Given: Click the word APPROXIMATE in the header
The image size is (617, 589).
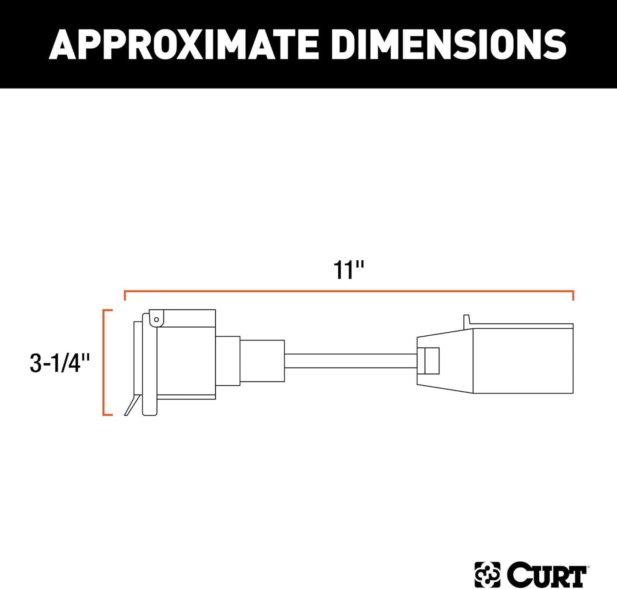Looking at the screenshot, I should pos(184,44).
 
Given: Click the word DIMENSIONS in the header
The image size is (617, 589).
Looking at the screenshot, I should pos(448,44).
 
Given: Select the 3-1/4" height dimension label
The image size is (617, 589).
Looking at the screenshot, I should pos(60,363).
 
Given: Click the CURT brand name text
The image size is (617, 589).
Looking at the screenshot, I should pos(547,575).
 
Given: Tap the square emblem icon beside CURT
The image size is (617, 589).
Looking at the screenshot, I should pos(487,574).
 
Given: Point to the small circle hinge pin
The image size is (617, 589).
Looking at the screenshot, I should pos(157,319).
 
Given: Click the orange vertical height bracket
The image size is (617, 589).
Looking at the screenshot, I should pos(104,362).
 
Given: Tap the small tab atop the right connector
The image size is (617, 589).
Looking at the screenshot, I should pos(467,320).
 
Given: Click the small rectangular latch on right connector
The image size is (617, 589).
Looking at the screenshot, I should pos(431,361).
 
